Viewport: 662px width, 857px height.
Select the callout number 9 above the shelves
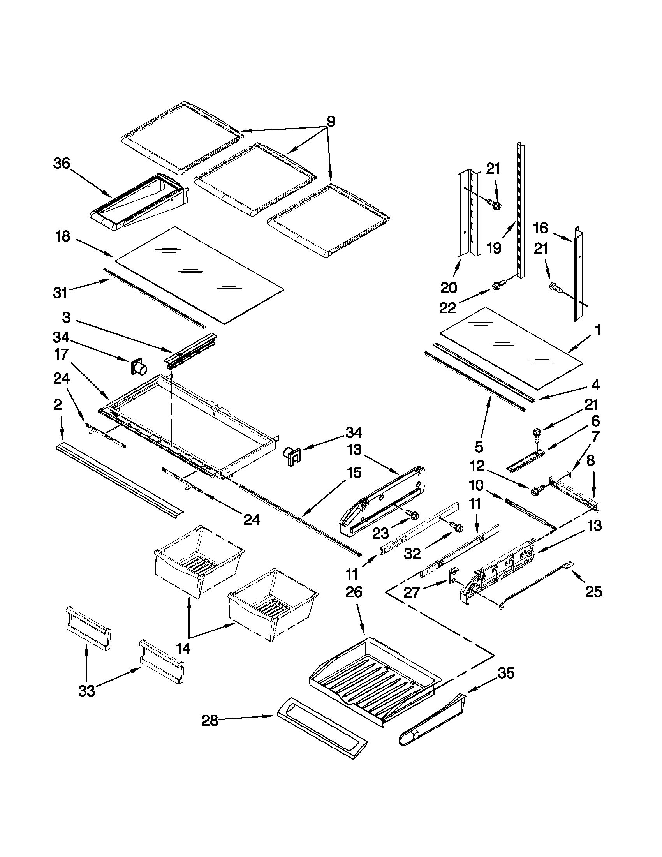point(331,122)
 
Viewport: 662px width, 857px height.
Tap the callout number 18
point(62,236)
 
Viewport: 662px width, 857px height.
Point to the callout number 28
point(210,720)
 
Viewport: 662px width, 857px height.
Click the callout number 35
point(506,674)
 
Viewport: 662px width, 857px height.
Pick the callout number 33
point(86,691)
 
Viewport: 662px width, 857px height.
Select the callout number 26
point(354,592)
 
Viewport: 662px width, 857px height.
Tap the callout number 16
point(540,228)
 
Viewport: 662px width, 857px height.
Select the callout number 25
point(593,592)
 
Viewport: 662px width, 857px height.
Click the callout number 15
point(354,473)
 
